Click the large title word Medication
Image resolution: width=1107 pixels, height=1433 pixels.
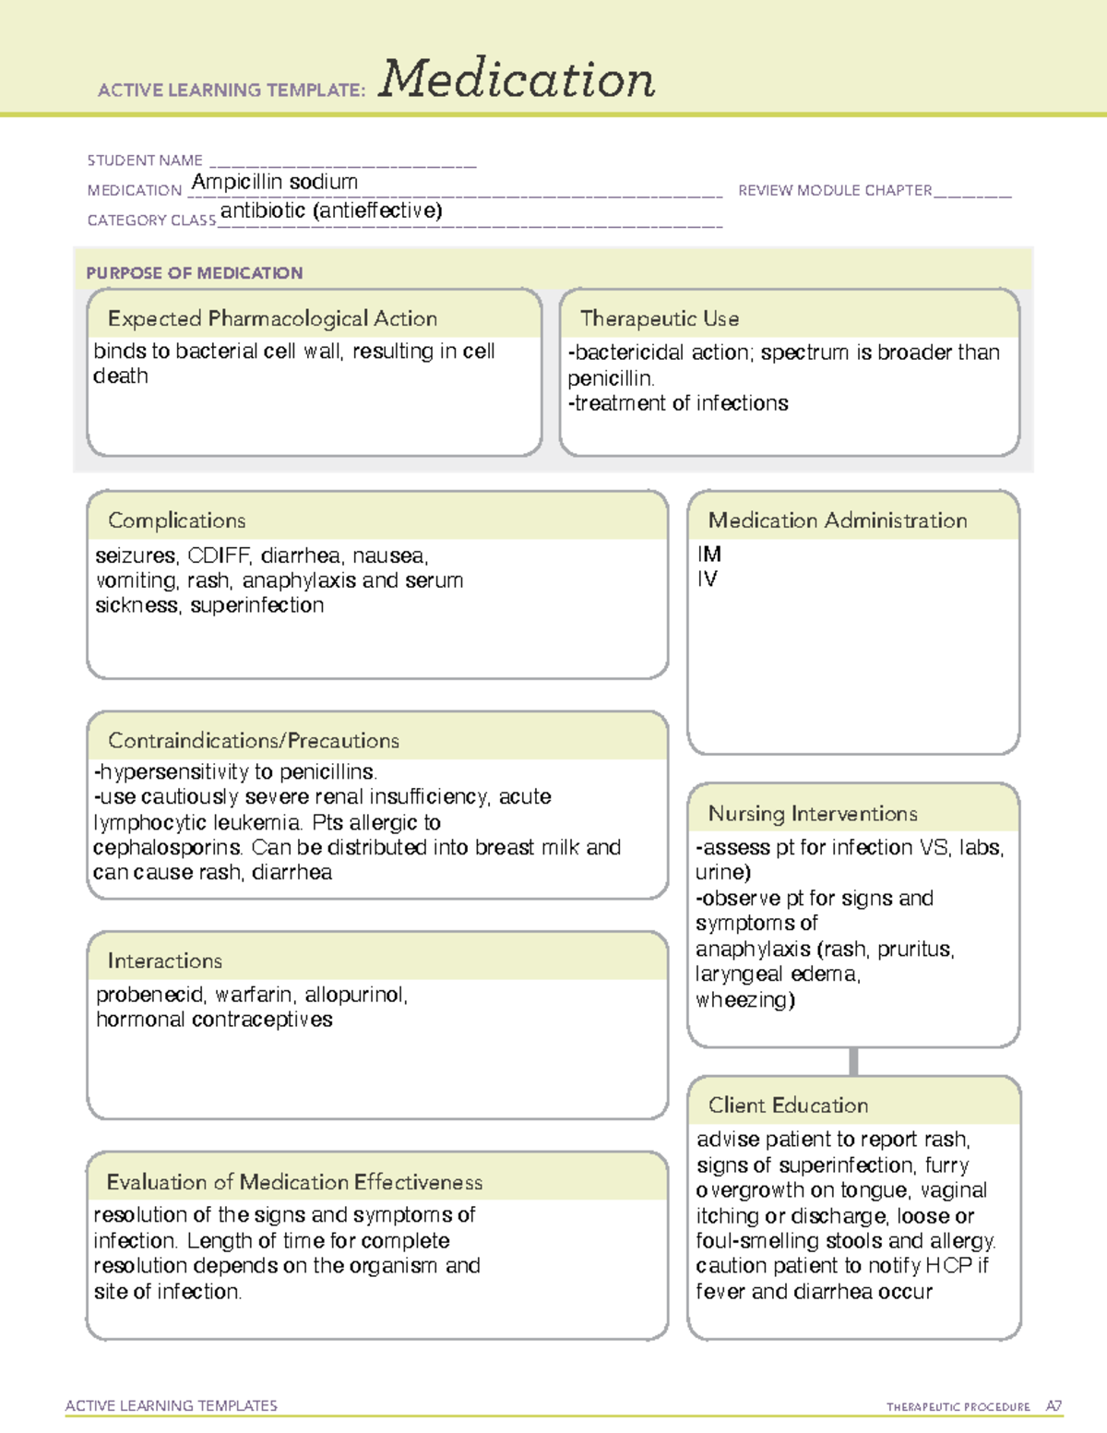(x=517, y=79)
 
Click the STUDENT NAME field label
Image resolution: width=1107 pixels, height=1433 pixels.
(x=145, y=161)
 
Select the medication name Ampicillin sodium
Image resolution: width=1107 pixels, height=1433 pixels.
(x=274, y=182)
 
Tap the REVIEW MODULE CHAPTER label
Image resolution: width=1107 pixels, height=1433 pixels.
(x=835, y=190)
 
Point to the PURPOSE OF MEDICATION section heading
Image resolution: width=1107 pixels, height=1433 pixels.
(x=195, y=273)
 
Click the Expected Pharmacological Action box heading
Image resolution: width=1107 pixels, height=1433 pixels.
(x=272, y=318)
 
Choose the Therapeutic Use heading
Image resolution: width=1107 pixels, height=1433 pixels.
(x=659, y=318)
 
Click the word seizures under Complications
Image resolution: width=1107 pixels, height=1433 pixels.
(x=136, y=555)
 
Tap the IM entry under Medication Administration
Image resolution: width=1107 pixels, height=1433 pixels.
(x=709, y=554)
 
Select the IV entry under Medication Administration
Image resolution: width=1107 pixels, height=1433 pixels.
(x=707, y=579)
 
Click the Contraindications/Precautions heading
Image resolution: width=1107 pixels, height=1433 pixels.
(x=253, y=740)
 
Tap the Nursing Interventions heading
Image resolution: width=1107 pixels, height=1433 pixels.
(x=812, y=813)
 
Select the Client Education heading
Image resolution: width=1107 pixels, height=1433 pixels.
(x=788, y=1105)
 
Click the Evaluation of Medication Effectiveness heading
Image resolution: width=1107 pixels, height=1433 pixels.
(x=294, y=1182)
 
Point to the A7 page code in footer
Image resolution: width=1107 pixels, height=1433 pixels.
(x=1053, y=1406)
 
